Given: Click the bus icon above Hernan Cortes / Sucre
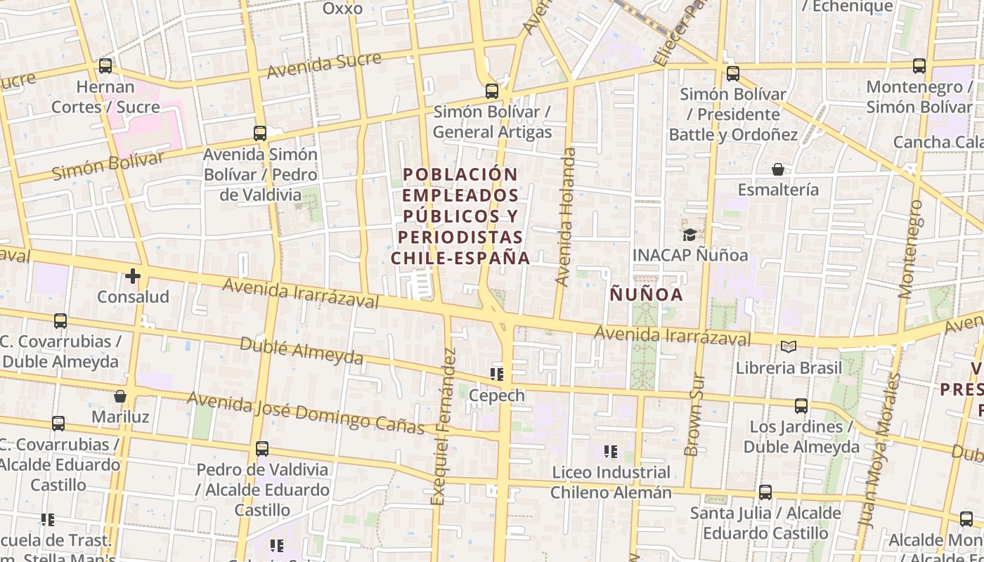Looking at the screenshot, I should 105,66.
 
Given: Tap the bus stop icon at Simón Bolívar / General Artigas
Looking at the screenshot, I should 492,91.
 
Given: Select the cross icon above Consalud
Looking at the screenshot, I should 133,276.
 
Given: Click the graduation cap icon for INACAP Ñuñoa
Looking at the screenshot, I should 690,235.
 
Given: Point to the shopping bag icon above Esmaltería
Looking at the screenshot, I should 778,169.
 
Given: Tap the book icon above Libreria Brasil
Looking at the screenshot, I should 789,346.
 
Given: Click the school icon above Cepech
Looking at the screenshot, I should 497,374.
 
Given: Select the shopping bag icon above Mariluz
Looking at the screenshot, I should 120,396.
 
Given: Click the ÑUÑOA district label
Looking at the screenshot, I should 647,294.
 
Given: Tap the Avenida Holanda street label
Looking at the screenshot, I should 566,216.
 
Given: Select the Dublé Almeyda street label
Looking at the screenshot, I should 302,351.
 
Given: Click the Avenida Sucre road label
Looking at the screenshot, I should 325,64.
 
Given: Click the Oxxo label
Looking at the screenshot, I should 343,8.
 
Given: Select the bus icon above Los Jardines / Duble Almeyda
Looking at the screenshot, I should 801,405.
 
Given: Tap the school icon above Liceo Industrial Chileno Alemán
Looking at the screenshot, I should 610,451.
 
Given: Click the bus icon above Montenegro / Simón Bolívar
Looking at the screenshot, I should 919,66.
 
